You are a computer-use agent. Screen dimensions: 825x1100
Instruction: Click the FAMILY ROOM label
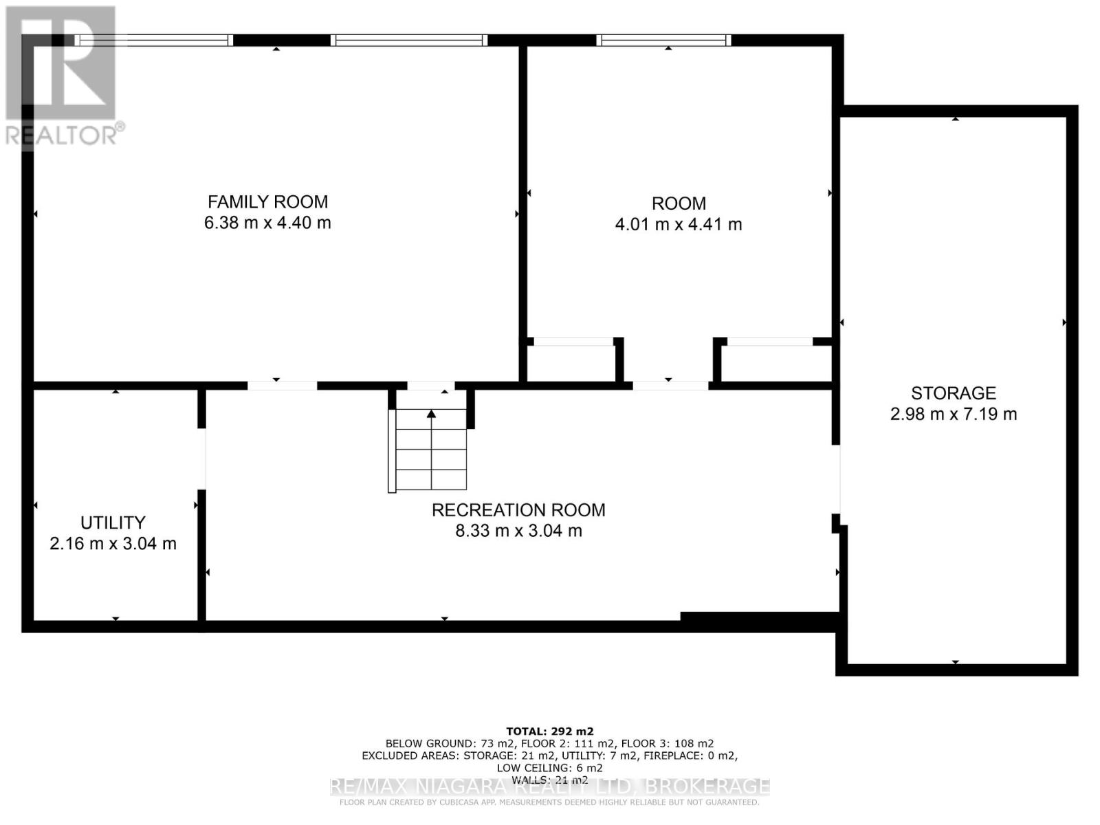coord(267,201)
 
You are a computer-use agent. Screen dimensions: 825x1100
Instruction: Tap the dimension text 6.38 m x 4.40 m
coord(267,223)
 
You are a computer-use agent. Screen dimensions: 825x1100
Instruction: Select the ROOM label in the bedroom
coord(679,203)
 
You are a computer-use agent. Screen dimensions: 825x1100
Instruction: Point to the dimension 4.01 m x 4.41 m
coord(679,224)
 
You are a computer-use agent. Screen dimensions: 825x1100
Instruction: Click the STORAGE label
coord(953,393)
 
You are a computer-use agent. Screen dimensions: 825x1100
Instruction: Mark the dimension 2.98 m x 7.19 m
coord(953,414)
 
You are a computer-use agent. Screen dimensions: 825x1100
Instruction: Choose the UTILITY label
coord(113,522)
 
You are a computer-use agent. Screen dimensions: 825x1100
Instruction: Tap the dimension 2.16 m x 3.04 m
coord(113,544)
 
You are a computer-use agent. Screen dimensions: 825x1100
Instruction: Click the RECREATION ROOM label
coord(518,510)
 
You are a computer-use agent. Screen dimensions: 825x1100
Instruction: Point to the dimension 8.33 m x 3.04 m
coord(518,531)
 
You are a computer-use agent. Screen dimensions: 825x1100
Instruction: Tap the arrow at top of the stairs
coord(431,414)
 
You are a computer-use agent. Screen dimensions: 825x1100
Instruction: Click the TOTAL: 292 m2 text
coord(549,731)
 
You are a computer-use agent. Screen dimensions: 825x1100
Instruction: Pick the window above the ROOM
coord(664,41)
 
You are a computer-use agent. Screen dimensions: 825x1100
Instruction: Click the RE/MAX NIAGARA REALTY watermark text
coord(549,786)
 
